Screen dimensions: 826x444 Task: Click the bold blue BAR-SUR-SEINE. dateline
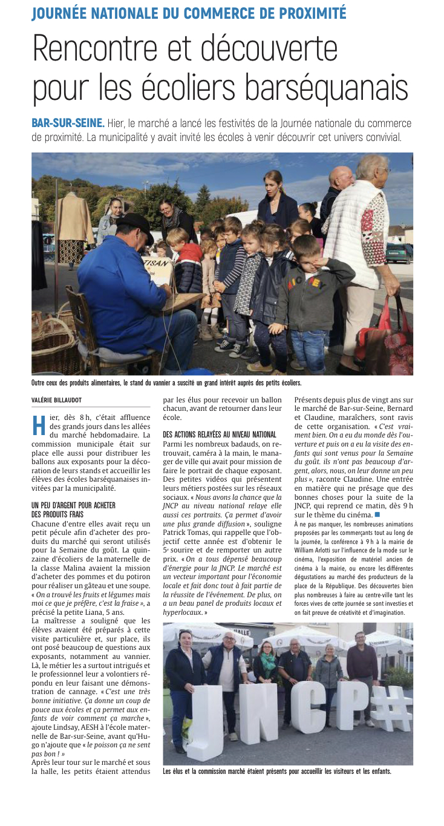68,123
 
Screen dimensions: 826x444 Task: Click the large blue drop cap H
38,425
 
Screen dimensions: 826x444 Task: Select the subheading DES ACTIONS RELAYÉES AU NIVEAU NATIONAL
220,434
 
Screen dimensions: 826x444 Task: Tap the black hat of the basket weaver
135,225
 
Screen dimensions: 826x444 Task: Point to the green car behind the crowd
399,252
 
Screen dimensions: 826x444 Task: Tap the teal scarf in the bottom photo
267,657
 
